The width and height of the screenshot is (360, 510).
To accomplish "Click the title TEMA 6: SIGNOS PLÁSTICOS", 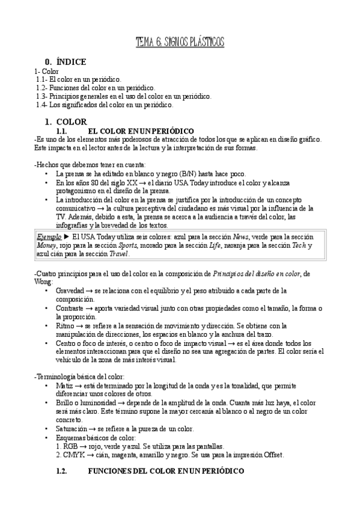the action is click(x=180, y=41).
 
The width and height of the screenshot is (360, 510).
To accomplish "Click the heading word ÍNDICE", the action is click(x=71, y=61).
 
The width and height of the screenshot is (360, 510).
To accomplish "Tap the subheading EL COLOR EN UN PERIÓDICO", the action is click(x=141, y=131).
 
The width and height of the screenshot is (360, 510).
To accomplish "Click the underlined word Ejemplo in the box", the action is click(x=50, y=236).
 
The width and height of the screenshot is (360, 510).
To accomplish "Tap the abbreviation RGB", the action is click(x=72, y=446).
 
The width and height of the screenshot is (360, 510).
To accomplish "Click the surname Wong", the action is click(x=44, y=282).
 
